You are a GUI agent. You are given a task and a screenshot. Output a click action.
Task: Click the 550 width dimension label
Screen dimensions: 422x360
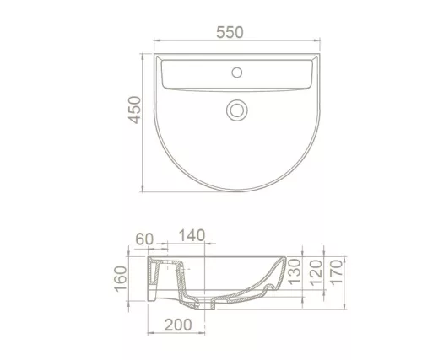[x=230, y=32]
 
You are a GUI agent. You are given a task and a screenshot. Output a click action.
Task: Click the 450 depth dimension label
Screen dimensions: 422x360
[x=134, y=110]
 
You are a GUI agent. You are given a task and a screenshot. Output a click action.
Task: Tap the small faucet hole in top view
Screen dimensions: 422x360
[x=237, y=73]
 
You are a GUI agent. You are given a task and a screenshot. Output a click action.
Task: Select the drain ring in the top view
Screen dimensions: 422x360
[x=237, y=110]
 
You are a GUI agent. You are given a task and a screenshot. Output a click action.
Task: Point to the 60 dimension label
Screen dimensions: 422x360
[x=144, y=239]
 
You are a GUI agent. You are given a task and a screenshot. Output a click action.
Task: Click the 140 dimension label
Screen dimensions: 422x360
[x=192, y=235]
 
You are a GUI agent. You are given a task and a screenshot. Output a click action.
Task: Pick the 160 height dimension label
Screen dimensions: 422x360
[x=121, y=278]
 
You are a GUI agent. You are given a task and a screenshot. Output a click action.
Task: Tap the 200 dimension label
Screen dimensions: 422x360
[x=178, y=325]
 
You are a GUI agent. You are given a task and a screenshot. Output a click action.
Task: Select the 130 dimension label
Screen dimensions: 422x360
[x=295, y=271]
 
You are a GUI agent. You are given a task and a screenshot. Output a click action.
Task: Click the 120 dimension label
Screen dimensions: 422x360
[x=316, y=272]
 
